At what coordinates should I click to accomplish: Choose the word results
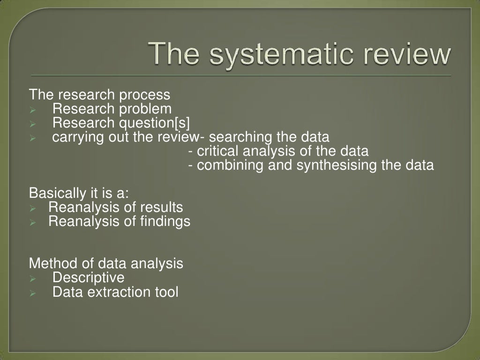[x=161, y=207]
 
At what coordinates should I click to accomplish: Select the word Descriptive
[x=89, y=277]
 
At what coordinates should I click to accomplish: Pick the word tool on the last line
[x=166, y=292]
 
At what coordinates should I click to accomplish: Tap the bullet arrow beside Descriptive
[x=33, y=279]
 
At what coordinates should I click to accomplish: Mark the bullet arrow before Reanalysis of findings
[x=33, y=223]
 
